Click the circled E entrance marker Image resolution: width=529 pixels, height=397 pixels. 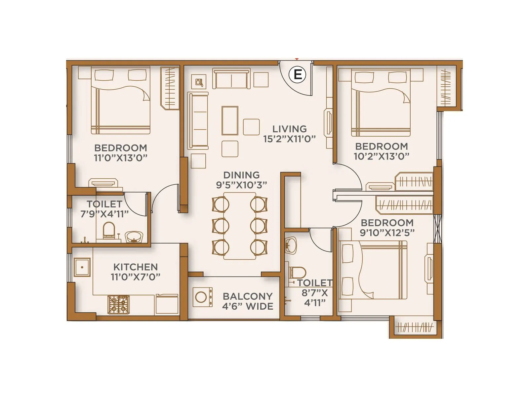(298, 74)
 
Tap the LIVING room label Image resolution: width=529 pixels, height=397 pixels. (289, 129)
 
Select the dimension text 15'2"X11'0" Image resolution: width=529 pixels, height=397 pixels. (289, 139)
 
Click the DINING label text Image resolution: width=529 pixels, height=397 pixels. (241, 175)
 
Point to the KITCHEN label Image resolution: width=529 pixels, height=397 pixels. (135, 267)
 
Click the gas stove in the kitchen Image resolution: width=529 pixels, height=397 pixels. (118, 305)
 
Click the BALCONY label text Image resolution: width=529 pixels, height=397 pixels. (248, 296)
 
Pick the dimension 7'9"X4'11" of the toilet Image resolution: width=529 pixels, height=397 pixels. (104, 214)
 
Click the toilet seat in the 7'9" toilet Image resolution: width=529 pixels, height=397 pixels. (108, 230)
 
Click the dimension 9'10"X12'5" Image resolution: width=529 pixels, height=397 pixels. (387, 233)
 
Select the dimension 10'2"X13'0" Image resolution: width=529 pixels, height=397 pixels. (381, 156)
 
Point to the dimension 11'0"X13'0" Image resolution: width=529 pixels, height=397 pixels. (120, 157)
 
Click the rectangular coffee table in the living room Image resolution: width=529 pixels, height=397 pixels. (230, 120)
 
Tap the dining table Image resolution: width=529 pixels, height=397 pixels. (240, 226)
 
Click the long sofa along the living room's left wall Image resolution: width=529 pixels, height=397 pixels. (198, 121)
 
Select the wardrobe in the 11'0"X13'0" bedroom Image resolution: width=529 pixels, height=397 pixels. (170, 88)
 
